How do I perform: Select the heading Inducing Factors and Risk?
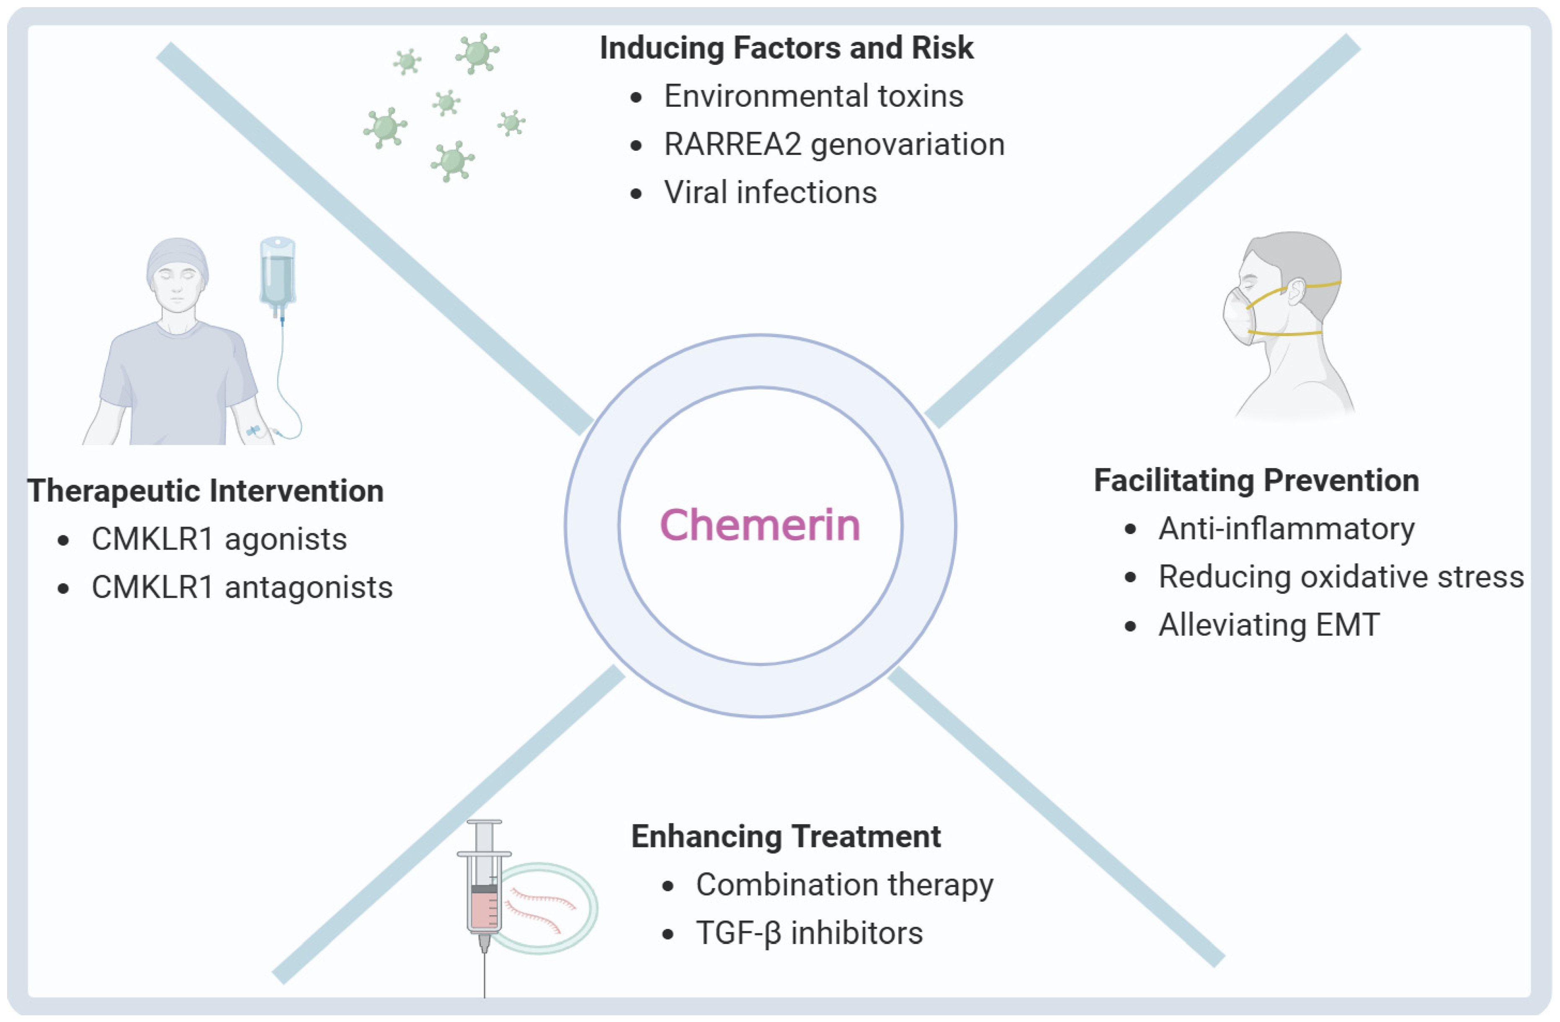click(786, 48)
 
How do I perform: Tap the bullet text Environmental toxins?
click(813, 96)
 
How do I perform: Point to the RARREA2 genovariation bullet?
click(834, 144)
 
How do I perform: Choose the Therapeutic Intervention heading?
click(205, 491)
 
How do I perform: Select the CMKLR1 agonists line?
click(218, 539)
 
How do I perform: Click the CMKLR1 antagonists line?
click(241, 587)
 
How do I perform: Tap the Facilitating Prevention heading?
click(1256, 480)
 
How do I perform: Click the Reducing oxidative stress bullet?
click(1341, 577)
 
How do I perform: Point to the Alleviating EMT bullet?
click(1269, 625)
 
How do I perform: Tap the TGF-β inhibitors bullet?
click(809, 934)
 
